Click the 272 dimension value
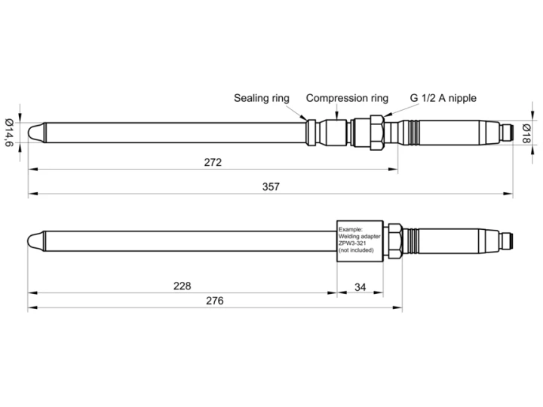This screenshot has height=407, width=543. (213, 162)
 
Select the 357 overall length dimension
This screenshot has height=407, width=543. (271, 187)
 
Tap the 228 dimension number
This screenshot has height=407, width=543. (182, 286)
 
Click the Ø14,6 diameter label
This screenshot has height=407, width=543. (8, 133)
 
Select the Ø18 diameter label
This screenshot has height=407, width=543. (527, 132)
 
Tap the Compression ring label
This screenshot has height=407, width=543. (347, 98)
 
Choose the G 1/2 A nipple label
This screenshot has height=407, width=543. (443, 98)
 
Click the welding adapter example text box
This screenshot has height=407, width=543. (360, 240)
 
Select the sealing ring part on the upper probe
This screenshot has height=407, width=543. (309, 133)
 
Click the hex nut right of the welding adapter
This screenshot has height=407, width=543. (394, 241)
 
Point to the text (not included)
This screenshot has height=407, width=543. (357, 249)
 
